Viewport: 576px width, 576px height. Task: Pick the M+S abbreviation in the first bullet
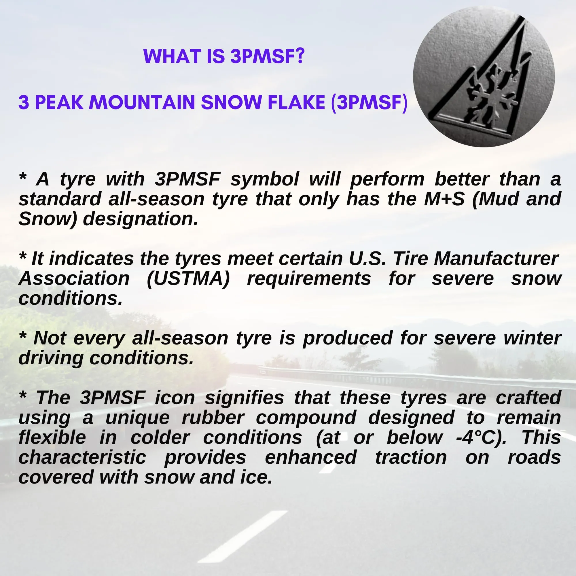pyautogui.click(x=444, y=200)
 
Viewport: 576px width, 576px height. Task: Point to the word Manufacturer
pyautogui.click(x=496, y=259)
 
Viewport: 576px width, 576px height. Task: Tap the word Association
pyautogui.click(x=74, y=279)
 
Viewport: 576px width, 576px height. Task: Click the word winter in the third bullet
pyautogui.click(x=532, y=338)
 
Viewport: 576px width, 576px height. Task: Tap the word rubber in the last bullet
pyautogui.click(x=213, y=418)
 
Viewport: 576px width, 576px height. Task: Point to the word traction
pyautogui.click(x=411, y=458)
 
